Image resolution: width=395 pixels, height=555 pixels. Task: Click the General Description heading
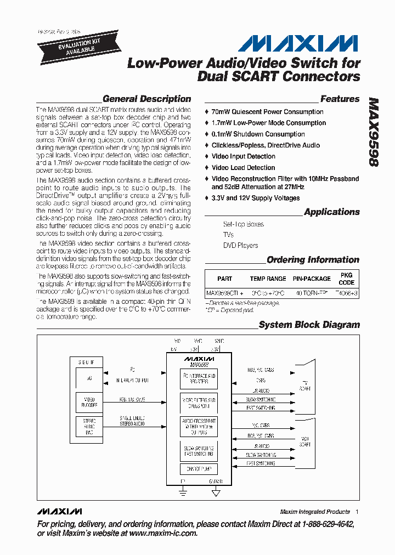pyautogui.click(x=146, y=99)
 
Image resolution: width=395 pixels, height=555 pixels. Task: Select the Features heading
pyautogui.click(x=340, y=99)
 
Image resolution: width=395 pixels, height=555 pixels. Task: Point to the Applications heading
pyautogui.click(x=331, y=212)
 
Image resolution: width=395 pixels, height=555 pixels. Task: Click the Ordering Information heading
pyautogui.click(x=313, y=260)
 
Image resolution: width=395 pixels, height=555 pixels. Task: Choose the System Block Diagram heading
pyautogui.click(x=309, y=325)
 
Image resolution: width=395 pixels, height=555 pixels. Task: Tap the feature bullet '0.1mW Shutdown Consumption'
pyautogui.click(x=258, y=134)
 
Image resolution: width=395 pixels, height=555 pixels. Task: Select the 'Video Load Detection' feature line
pyautogui.click(x=243, y=168)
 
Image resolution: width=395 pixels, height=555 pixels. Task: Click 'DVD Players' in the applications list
pyautogui.click(x=240, y=246)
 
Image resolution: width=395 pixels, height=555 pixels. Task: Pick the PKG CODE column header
pyautogui.click(x=347, y=279)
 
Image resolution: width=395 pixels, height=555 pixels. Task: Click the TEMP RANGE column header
pyautogui.click(x=268, y=279)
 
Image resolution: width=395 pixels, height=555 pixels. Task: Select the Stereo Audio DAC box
pyautogui.click(x=89, y=426)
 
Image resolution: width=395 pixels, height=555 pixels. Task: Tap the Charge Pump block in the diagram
pyautogui.click(x=199, y=469)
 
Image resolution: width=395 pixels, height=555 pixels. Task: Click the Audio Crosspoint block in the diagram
pyautogui.click(x=199, y=426)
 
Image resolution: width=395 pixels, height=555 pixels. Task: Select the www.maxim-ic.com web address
pyautogui.click(x=163, y=533)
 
